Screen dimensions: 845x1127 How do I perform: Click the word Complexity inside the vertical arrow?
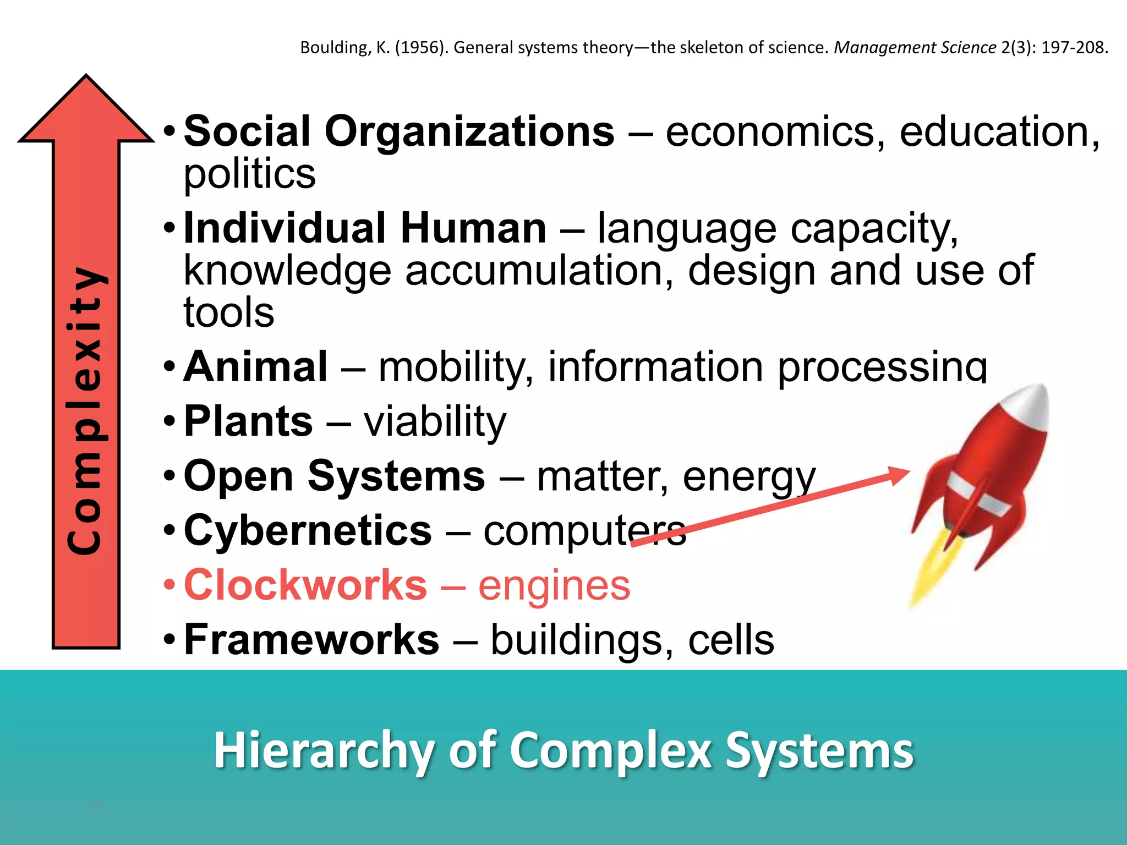[x=85, y=410]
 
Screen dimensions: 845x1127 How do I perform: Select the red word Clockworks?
[x=305, y=585]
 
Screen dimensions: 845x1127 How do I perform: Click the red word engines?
[x=554, y=586]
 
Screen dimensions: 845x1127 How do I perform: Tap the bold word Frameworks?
[x=311, y=640]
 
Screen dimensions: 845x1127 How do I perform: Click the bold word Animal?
[x=255, y=367]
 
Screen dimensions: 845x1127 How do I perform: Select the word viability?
[x=435, y=422]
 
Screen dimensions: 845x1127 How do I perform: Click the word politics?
[x=249, y=174]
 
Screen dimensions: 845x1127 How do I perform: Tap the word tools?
[x=229, y=313]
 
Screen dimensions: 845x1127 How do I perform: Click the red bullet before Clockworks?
[x=170, y=585]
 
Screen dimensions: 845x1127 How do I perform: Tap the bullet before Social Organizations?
[x=170, y=132]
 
